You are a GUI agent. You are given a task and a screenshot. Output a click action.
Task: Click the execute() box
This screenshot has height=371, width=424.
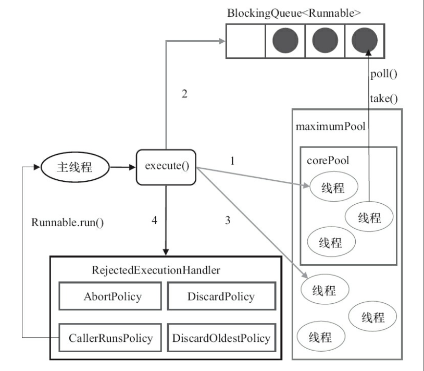166,167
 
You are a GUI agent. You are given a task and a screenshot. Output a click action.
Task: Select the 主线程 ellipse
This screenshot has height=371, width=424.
75,167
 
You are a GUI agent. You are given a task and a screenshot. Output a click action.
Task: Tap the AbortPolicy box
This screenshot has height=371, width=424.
110,296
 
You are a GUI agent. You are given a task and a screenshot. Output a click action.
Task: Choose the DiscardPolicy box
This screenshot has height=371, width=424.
221,296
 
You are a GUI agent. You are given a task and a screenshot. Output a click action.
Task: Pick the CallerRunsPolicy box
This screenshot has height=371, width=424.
110,338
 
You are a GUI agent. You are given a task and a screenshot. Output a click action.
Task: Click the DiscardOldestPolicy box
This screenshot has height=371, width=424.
221,338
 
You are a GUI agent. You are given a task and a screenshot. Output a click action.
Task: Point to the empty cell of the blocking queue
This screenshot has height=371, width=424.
245,41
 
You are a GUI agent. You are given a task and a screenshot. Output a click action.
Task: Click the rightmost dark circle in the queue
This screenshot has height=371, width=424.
365,40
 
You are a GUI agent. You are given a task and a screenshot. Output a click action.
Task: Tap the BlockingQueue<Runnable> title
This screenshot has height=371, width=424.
294,13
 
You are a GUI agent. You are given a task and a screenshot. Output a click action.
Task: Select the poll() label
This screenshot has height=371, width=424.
384,74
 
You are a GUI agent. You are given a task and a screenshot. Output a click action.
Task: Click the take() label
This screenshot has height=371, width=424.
384,98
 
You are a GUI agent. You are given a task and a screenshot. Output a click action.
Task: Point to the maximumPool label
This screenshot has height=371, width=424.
330,127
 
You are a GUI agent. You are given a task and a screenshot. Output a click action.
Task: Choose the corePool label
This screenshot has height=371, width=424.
328,160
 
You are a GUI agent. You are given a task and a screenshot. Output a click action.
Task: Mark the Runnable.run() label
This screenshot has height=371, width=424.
68,222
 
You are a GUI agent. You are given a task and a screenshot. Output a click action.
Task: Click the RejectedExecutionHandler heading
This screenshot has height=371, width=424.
156,270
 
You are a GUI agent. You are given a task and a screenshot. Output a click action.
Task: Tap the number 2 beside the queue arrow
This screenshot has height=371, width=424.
184,94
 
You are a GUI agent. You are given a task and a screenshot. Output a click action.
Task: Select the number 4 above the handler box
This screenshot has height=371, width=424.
154,220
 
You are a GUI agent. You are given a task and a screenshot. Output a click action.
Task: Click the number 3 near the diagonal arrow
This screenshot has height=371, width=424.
228,220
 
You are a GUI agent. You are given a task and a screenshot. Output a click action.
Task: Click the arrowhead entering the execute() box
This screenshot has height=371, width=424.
132,167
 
